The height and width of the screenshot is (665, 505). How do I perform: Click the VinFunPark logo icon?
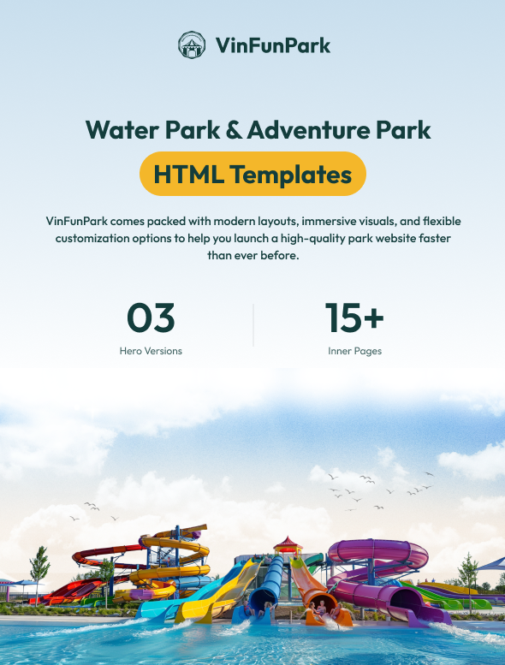click(x=192, y=45)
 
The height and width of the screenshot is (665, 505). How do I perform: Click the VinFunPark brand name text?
click(x=273, y=45)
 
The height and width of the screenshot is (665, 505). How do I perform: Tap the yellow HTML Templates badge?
click(x=253, y=174)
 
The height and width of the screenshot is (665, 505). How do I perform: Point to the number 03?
click(x=151, y=318)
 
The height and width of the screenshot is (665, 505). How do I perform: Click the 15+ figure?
click(x=354, y=318)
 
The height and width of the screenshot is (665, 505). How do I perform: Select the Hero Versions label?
click(x=151, y=351)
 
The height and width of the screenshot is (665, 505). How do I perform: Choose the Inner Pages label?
click(x=354, y=351)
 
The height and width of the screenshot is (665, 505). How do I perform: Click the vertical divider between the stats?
click(x=253, y=325)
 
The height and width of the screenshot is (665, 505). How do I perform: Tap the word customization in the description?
click(x=98, y=238)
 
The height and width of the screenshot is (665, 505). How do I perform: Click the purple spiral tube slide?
click(x=377, y=556)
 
